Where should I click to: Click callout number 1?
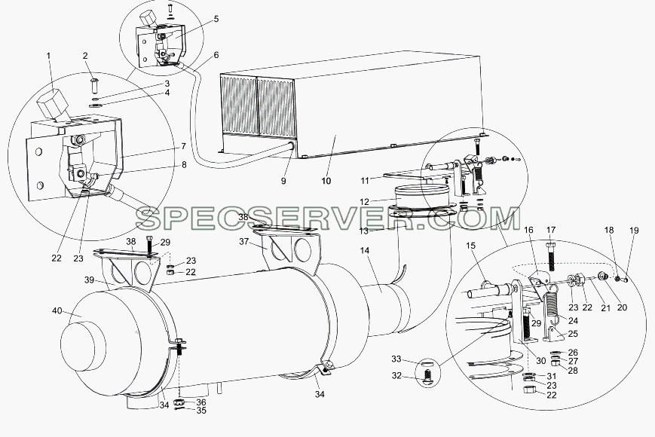49,56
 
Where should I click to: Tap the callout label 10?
326,181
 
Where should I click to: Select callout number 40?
57,310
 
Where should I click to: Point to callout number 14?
365,250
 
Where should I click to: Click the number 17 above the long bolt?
551,230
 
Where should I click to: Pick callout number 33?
396,359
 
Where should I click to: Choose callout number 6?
216,55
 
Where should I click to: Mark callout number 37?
244,242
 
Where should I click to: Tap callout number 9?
283,181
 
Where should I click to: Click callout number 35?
201,411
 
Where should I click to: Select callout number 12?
364,202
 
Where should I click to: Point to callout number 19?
634,231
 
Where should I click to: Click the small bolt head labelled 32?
425,377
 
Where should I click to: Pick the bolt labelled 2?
93,86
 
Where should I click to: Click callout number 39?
89,280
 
